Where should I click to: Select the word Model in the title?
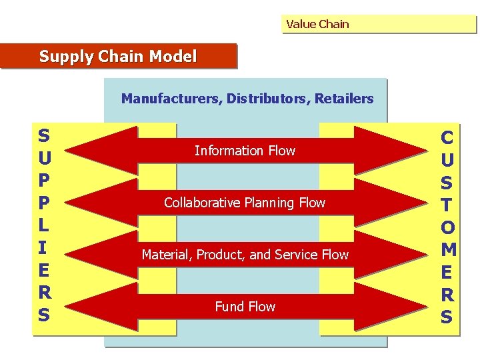[173, 57]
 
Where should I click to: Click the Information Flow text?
[245, 151]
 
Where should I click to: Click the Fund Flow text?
[245, 307]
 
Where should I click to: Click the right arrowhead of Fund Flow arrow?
[400, 307]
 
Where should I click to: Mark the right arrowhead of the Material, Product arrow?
[400, 255]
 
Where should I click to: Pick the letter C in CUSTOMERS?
[447, 137]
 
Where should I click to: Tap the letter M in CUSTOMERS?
[448, 250]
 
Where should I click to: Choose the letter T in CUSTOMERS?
[447, 205]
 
